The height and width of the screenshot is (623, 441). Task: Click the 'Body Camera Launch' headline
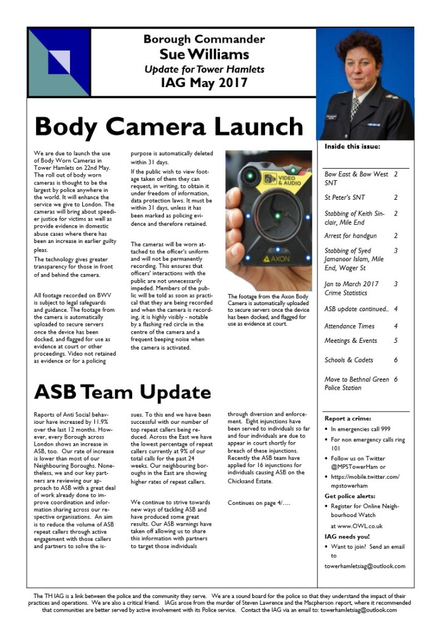(169, 127)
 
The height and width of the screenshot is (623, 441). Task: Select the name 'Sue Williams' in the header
(204, 55)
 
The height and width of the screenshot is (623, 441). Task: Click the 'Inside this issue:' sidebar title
(352, 147)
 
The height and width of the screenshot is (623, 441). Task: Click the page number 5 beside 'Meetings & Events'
(395, 341)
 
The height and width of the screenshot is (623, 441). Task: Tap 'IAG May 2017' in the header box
(204, 83)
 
